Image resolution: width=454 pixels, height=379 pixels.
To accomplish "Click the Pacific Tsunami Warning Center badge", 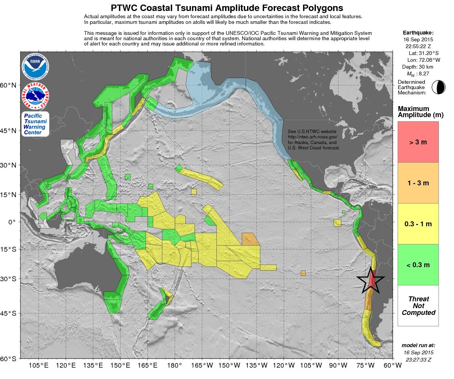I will pos(35,124).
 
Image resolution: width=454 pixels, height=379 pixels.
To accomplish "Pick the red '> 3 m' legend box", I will pos(418,142).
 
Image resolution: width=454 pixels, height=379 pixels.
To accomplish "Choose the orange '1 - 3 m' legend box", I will pos(418,183).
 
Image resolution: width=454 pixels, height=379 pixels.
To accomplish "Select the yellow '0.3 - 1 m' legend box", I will pos(418,224).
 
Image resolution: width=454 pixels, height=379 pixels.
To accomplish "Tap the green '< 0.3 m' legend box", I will pos(418,265).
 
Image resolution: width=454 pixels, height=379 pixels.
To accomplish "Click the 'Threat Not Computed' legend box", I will pos(418,305).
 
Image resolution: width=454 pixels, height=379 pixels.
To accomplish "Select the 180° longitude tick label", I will pos(175,366).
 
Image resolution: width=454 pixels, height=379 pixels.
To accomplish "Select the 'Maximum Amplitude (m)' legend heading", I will pos(418,112).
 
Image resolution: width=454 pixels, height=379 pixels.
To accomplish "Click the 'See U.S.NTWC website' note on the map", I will pos(313,131).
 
